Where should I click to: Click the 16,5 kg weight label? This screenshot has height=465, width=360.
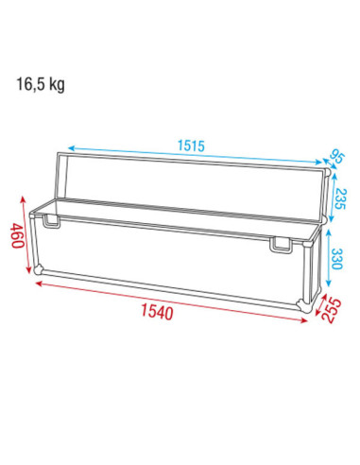pyautogui.click(x=41, y=84)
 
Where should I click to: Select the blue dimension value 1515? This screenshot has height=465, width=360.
pyautogui.click(x=191, y=146)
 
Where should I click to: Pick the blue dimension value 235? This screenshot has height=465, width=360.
pyautogui.click(x=340, y=198)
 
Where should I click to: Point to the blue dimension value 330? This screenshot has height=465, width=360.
pyautogui.click(x=336, y=259)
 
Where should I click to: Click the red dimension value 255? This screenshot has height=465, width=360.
pyautogui.click(x=333, y=310)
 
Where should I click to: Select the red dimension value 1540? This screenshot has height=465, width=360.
pyautogui.click(x=157, y=312)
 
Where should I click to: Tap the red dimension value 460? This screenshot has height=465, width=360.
pyautogui.click(x=17, y=235)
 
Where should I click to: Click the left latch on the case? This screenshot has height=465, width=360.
pyautogui.click(x=51, y=221)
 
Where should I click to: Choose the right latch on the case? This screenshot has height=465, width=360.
pyautogui.click(x=280, y=245)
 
